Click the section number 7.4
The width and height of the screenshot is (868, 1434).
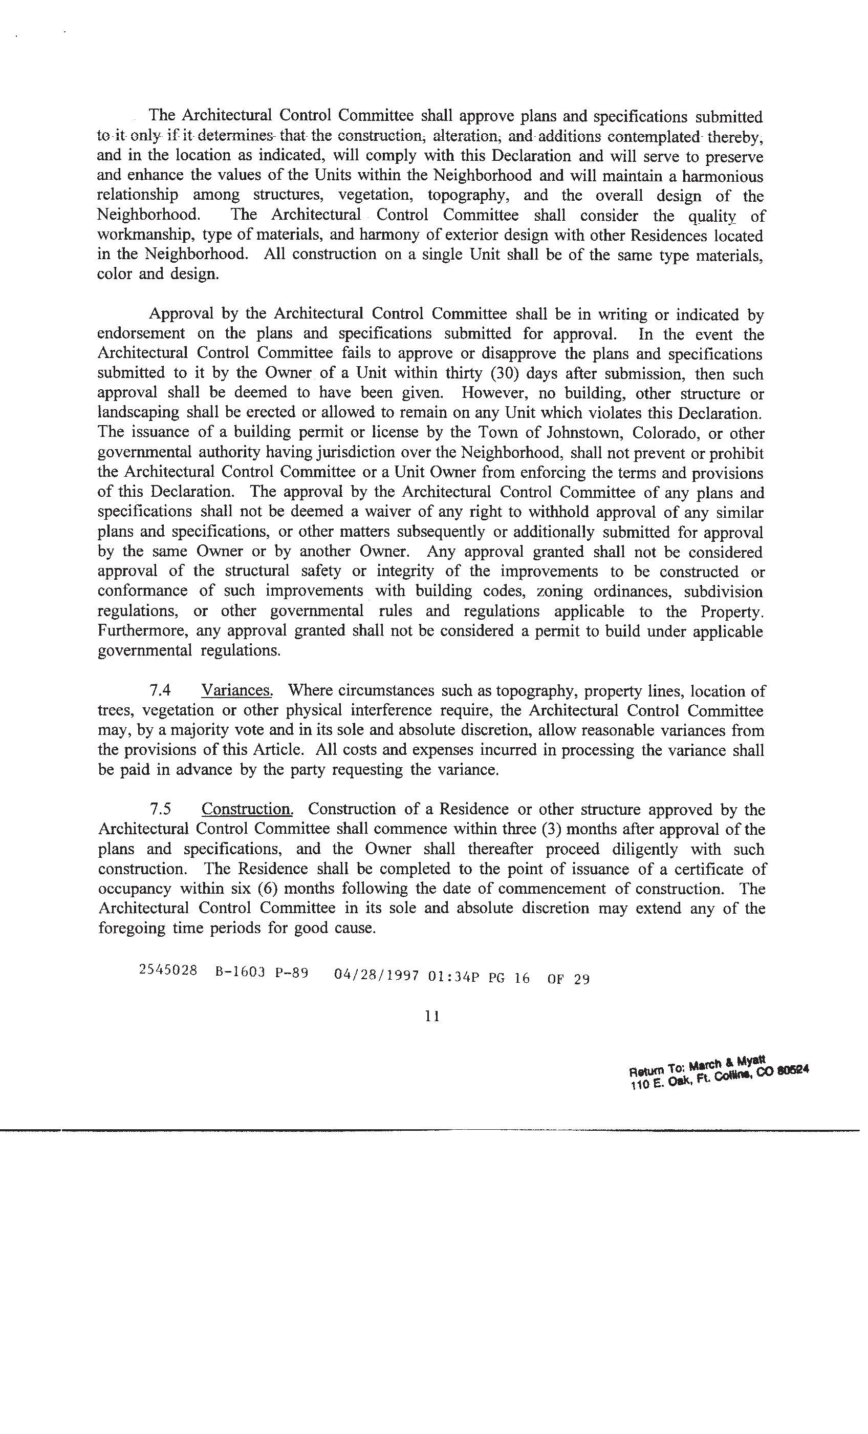pyautogui.click(x=160, y=690)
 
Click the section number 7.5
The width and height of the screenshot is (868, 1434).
pyautogui.click(x=160, y=809)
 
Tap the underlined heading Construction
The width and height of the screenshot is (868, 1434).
pyautogui.click(x=247, y=809)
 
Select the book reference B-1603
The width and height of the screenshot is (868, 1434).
pyautogui.click(x=240, y=972)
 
